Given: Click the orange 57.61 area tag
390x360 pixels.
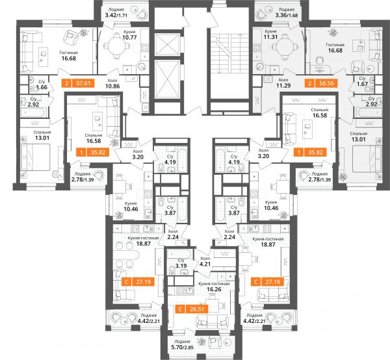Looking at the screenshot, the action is pos(78,83).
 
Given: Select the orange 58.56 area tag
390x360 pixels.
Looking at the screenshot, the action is pos(321,83).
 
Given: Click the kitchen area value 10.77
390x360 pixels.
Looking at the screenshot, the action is pos(129,38).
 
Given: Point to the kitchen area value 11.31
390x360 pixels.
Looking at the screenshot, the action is pos(270,37).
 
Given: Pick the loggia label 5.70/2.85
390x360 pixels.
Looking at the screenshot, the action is pos(182,347).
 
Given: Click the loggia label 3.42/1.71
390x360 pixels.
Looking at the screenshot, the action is pos(116,15).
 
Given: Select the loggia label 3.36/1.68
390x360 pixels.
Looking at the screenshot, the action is pos(287,15).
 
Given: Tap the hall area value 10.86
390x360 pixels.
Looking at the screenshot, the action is pos(112,86).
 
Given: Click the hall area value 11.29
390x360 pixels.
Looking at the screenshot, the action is pos(283,86).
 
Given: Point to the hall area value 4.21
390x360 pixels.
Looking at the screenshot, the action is pos(205,264).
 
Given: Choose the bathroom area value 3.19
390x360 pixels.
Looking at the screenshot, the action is pos(181,266).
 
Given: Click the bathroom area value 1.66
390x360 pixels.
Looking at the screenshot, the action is pos(42,87).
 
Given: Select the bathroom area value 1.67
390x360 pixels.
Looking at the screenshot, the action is pos(362,84).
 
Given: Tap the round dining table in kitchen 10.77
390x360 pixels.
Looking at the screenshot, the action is pos(116,46).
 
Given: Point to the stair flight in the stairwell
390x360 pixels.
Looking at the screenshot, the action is pos(229,54).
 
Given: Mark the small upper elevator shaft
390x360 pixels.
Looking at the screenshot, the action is pos(167,44).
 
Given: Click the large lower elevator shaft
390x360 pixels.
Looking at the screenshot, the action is pos(167,79).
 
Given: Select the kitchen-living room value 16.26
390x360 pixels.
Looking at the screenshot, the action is pos(214,289).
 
